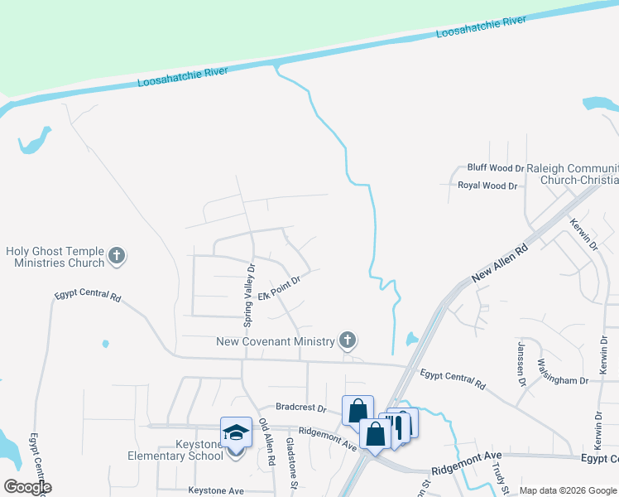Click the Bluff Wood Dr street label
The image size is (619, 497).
[x=496, y=168]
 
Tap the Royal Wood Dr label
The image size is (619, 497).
[x=487, y=186]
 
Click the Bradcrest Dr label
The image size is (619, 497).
[x=302, y=408]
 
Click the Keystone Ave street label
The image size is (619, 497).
[x=216, y=490]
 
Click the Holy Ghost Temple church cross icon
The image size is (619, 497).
[x=117, y=256]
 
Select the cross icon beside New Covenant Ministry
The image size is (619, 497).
[x=348, y=340]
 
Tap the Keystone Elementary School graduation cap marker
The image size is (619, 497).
[x=236, y=432]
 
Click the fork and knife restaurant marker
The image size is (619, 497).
[x=397, y=426]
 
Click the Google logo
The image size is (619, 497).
[x=26, y=487]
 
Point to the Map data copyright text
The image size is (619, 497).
[x=568, y=490]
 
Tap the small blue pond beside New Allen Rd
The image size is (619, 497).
[x=412, y=339]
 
